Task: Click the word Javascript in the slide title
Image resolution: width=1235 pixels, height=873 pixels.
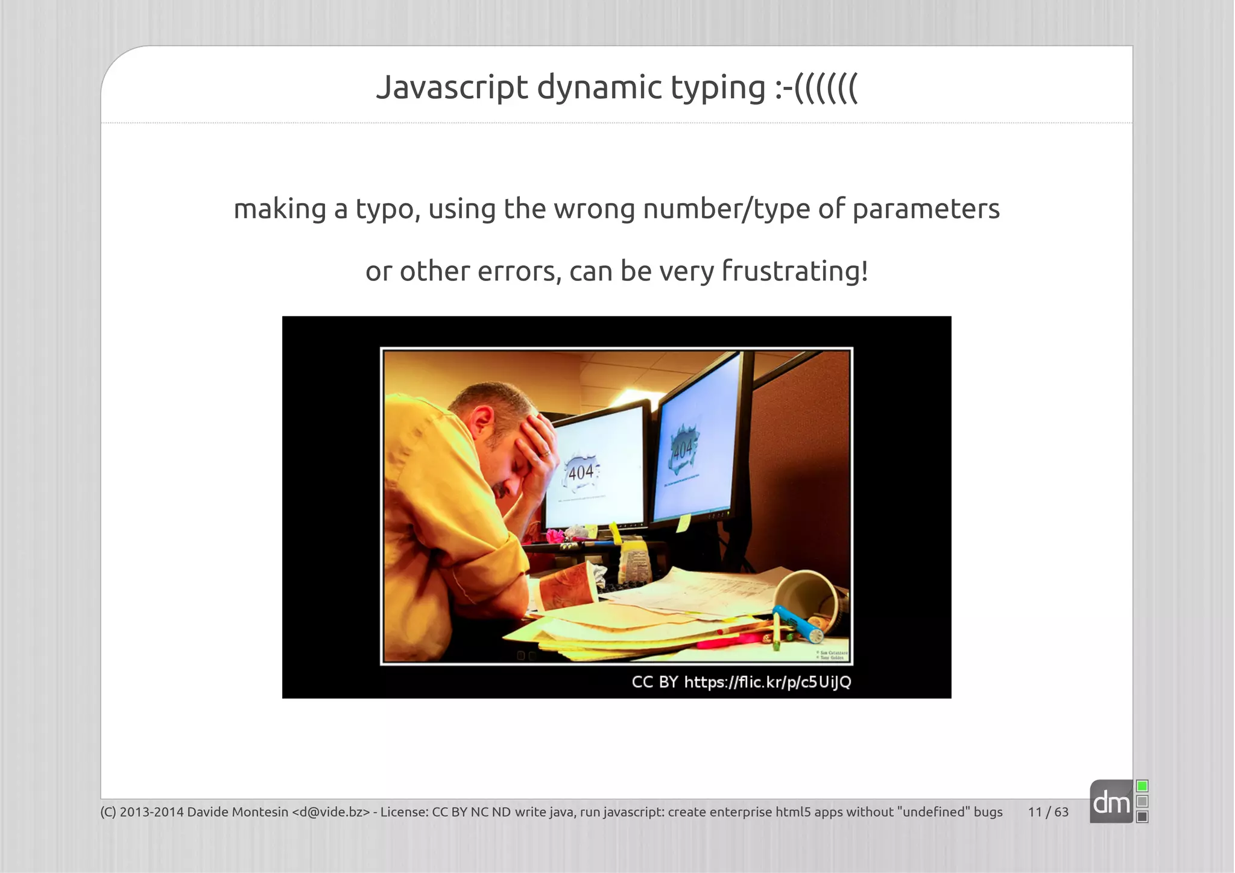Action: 452,87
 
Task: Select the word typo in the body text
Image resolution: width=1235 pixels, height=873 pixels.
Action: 387,210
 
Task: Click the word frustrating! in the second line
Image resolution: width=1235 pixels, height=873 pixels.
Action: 795,271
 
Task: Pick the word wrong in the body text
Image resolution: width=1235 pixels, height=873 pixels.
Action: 594,209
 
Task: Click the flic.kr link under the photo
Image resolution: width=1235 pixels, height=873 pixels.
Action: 767,682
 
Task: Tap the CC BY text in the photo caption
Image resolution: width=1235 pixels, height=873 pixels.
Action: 654,682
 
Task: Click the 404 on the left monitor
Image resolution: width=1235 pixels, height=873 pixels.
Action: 581,472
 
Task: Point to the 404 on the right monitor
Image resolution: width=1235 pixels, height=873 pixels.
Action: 683,450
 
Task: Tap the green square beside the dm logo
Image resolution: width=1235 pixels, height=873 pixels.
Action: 1142,786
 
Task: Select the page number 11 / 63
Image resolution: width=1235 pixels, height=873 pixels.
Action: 1048,812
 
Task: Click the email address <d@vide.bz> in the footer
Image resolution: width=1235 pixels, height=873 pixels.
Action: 330,812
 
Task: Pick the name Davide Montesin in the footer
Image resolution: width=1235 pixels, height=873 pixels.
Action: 238,812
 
